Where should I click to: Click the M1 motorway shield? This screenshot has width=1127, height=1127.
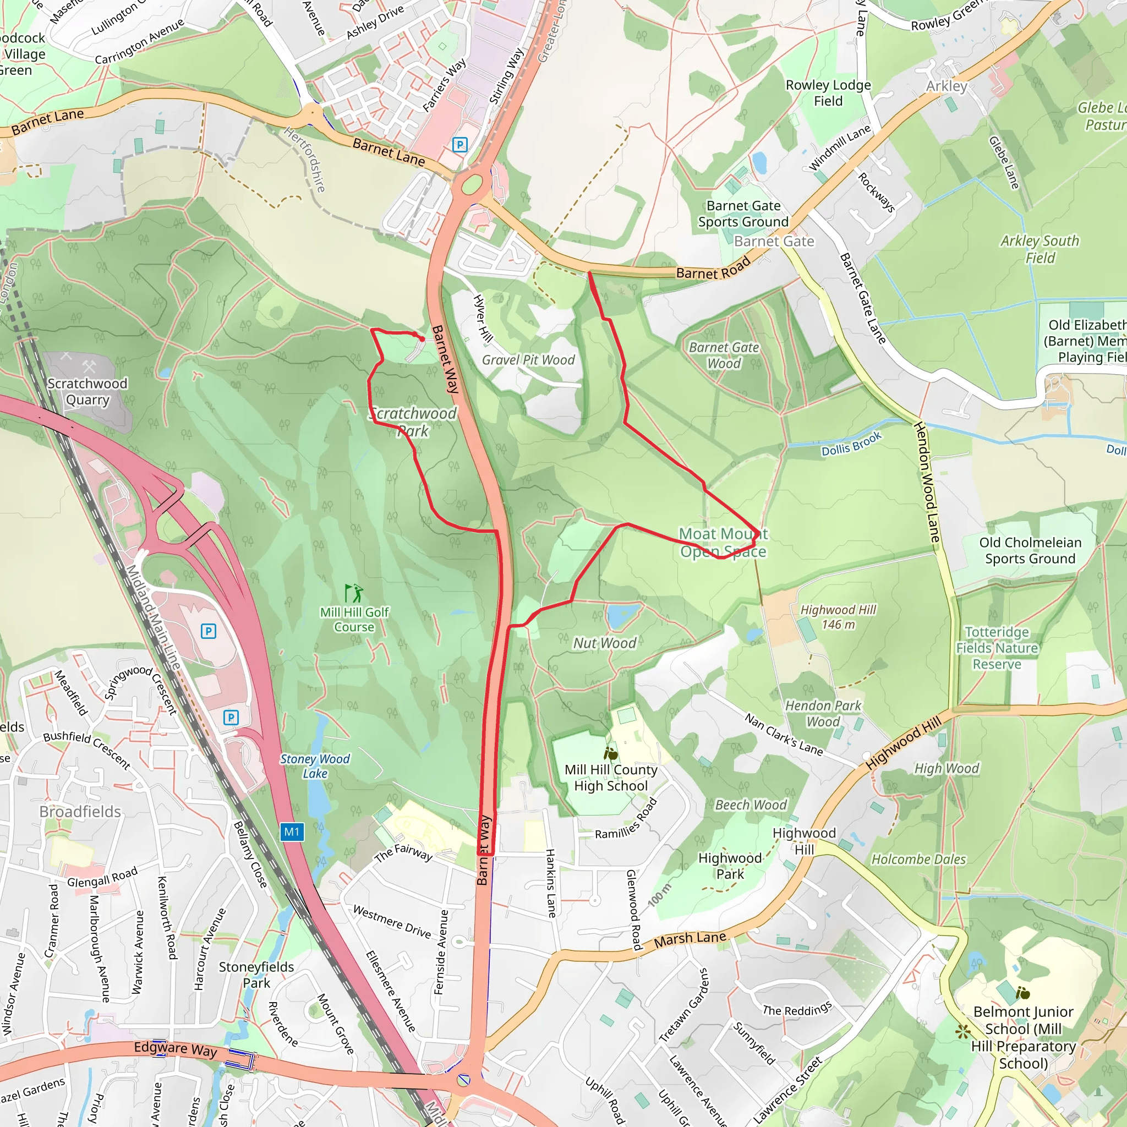[x=292, y=832]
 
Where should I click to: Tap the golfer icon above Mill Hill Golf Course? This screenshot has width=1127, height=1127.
[x=353, y=593]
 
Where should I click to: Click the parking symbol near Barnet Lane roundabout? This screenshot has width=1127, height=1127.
[x=459, y=145]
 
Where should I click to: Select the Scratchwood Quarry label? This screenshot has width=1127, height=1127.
[x=87, y=391]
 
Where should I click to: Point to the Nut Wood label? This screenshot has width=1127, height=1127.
[x=604, y=643]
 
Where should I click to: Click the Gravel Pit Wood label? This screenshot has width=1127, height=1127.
[x=528, y=360]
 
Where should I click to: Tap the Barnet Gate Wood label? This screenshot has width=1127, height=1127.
[x=724, y=355]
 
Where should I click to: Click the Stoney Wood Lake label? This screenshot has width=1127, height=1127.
[x=314, y=766]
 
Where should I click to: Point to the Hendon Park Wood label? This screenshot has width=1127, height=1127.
[x=823, y=713]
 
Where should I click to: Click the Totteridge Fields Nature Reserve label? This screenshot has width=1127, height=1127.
[x=997, y=648]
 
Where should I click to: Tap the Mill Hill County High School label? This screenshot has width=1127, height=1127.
[x=611, y=778]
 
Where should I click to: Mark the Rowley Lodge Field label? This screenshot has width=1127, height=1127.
[x=828, y=93]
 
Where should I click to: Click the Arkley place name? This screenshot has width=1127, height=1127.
[x=946, y=86]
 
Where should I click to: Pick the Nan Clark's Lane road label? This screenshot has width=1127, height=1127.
[x=783, y=735]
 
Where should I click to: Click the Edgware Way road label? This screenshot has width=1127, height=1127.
[x=175, y=1049]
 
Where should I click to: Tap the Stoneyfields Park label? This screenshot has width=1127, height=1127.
[x=256, y=975]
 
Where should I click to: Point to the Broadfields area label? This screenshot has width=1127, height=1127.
[x=80, y=812]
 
